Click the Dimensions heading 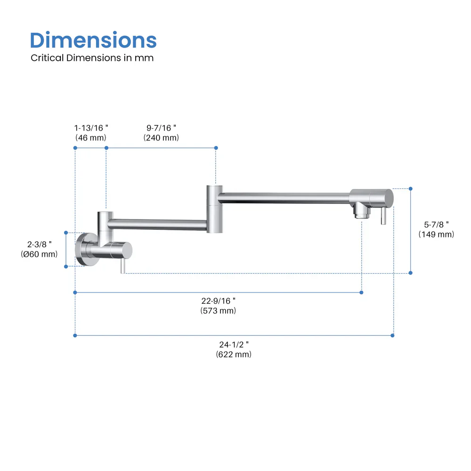coord(93,41)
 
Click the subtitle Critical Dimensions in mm coord(92,58)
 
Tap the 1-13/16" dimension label coord(91,128)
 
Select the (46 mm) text coord(91,138)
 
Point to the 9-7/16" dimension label coord(161,128)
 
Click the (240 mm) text coord(161,138)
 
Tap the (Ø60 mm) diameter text coord(40,254)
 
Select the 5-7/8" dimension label coord(436,224)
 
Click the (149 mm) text coord(436,234)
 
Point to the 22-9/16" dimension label coord(218,300)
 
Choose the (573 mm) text coord(218,311)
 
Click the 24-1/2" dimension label coord(234,344)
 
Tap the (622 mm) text coord(234,354)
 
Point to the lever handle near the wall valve coord(122,266)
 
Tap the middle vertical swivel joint coord(214,209)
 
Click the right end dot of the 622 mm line coord(393,335)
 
